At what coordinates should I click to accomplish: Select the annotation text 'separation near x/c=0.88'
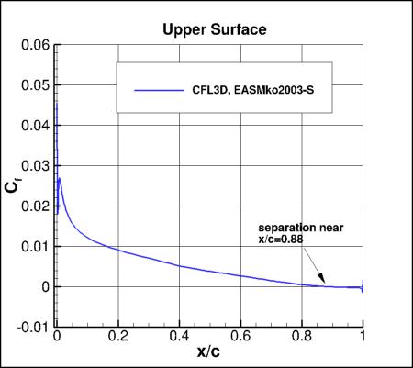[288, 233]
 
